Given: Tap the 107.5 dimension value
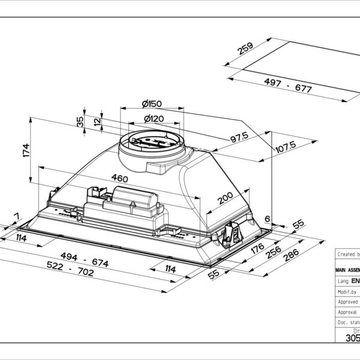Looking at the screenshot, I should click(285, 146).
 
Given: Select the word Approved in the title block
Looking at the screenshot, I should click(348, 302).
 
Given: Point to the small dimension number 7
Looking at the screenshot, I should click(16, 216).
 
